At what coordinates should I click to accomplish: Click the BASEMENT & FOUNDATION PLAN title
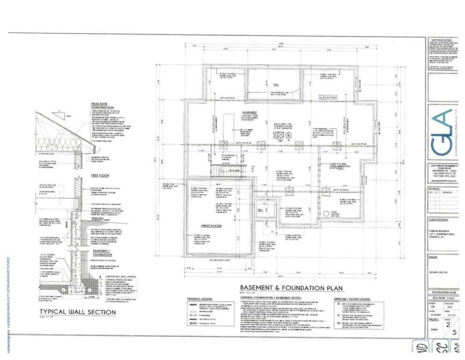click(291, 288)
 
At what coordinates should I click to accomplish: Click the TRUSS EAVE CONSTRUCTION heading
click(106, 105)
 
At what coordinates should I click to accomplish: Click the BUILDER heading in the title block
click(433, 257)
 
